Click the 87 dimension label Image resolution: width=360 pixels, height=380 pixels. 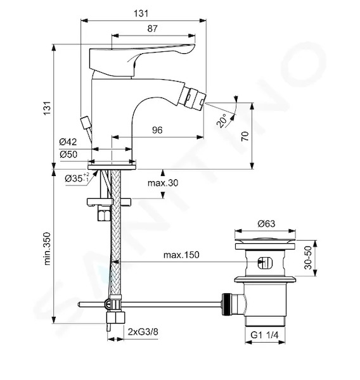pos(152,28)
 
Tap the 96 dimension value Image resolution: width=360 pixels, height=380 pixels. pos(157,130)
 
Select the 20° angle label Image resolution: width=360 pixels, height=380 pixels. pos(222,121)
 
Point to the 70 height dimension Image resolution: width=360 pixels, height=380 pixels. pos(245,136)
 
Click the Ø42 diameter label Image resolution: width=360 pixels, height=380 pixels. pos(68,142)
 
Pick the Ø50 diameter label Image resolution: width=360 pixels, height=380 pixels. pos(68,154)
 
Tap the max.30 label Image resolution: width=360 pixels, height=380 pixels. pos(163,183)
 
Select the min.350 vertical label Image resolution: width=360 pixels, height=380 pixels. pos(48,249)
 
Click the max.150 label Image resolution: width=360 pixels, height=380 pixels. pos(181,255)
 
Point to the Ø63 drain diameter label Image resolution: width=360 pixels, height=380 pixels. pos(266,224)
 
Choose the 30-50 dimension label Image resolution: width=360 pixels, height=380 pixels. pos(308,258)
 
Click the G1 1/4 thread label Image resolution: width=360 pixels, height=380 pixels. pos(264,335)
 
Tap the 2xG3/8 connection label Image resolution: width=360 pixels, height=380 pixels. pos(143,331)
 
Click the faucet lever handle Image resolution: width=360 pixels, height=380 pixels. pos(142,60)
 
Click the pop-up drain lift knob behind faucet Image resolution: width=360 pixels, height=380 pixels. pos(86,123)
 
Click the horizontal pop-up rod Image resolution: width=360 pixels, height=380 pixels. pos(150,305)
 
